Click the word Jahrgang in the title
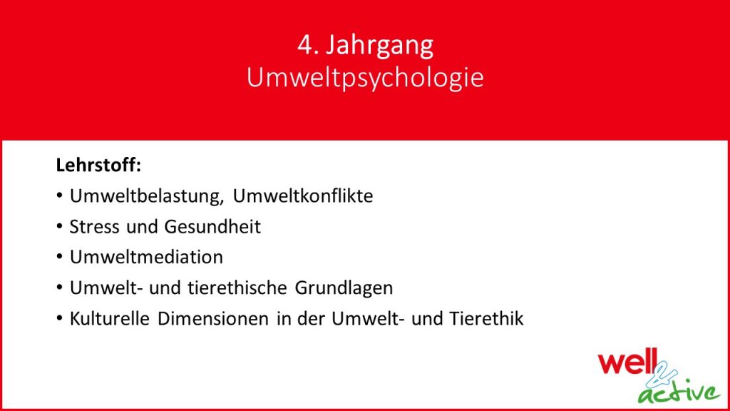379,46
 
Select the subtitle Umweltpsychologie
365,78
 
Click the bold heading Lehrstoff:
98,165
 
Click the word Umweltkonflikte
302,196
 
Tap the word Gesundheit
212,226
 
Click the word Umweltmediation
146,257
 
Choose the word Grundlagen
344,288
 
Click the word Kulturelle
109,318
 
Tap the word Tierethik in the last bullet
486,318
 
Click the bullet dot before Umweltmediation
60,257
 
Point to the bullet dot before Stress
60,226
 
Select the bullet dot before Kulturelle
60,318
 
